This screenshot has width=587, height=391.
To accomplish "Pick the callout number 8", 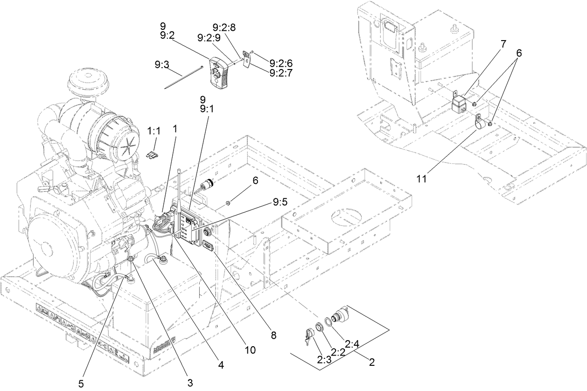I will pyautogui.click(x=273, y=335).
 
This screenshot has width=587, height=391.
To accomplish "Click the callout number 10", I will pyautogui.click(x=250, y=349).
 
